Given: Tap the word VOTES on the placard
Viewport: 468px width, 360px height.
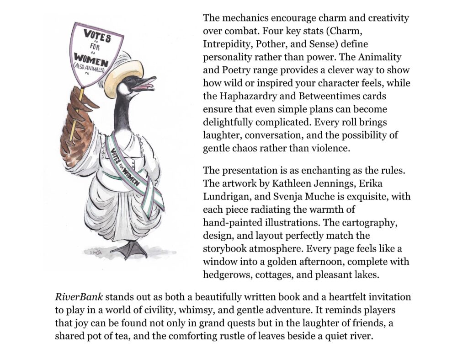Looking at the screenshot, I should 97,34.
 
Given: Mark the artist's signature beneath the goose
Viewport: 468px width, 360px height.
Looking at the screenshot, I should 94,251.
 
